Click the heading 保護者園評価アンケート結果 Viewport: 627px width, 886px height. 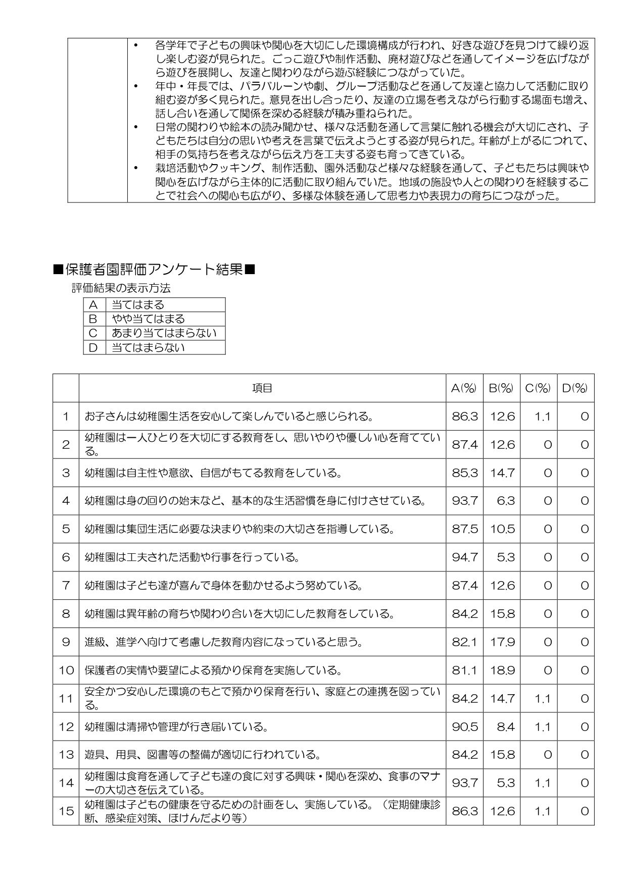pyautogui.click(x=154, y=270)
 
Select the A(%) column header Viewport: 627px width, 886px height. pyautogui.click(x=464, y=388)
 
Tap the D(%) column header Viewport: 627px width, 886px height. pyautogui.click(x=575, y=388)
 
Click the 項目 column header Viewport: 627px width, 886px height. pyautogui.click(x=262, y=388)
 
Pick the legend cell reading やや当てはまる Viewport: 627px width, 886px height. pyautogui.click(x=148, y=319)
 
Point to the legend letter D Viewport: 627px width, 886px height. pyautogui.click(x=93, y=347)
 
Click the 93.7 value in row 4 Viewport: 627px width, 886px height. pyautogui.click(x=464, y=501)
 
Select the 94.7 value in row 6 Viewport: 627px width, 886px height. pyautogui.click(x=464, y=557)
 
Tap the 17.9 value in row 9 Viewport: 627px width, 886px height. pyautogui.click(x=502, y=642)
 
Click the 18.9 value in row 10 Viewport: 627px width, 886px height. pyautogui.click(x=502, y=670)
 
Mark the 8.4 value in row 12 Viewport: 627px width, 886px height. pyautogui.click(x=505, y=727)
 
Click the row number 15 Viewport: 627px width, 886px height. pyautogui.click(x=66, y=811)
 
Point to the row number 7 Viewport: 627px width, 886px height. pyautogui.click(x=66, y=586)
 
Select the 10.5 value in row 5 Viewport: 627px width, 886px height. pyautogui.click(x=502, y=529)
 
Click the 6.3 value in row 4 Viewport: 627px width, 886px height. pyautogui.click(x=505, y=501)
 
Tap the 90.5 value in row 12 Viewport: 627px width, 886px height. pyautogui.click(x=464, y=727)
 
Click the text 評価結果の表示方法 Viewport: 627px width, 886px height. pyautogui.click(x=121, y=289)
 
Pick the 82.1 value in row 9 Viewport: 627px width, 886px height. pyautogui.click(x=464, y=642)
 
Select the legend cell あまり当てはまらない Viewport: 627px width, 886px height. pyautogui.click(x=164, y=333)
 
